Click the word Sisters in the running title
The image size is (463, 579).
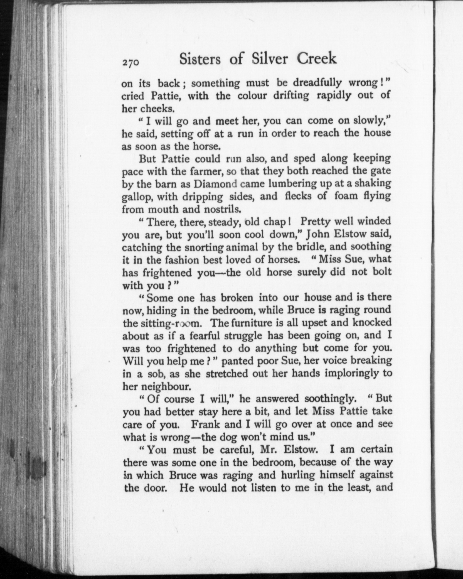click(200, 59)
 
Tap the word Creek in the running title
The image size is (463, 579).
click(316, 58)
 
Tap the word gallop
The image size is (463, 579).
click(137, 197)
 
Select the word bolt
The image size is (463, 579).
click(381, 271)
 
